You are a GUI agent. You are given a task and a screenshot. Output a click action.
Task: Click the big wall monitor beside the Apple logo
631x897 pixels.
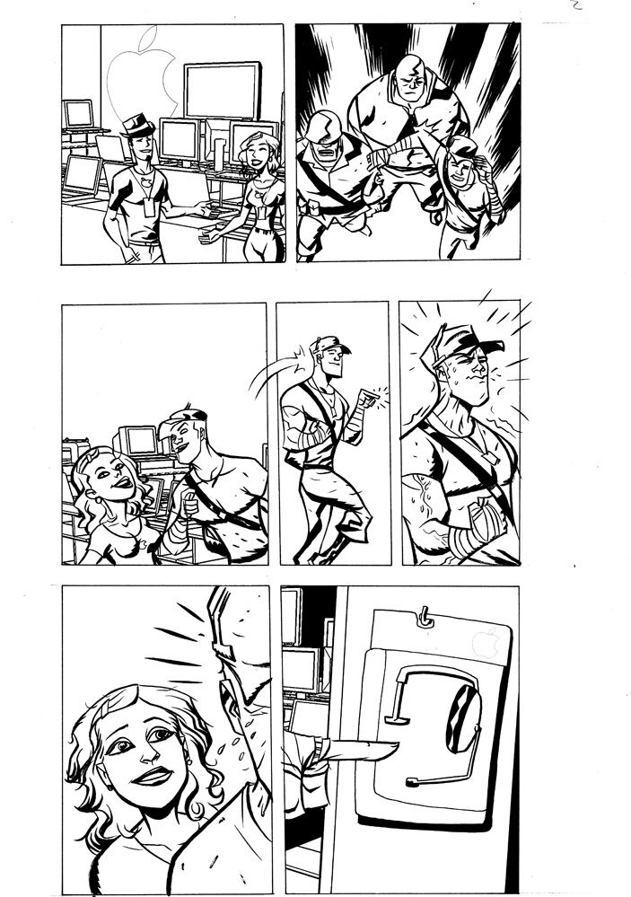222,89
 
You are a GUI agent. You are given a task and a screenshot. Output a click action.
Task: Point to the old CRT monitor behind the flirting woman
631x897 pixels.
141,441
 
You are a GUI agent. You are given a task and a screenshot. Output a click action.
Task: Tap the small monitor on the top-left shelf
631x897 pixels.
79,114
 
